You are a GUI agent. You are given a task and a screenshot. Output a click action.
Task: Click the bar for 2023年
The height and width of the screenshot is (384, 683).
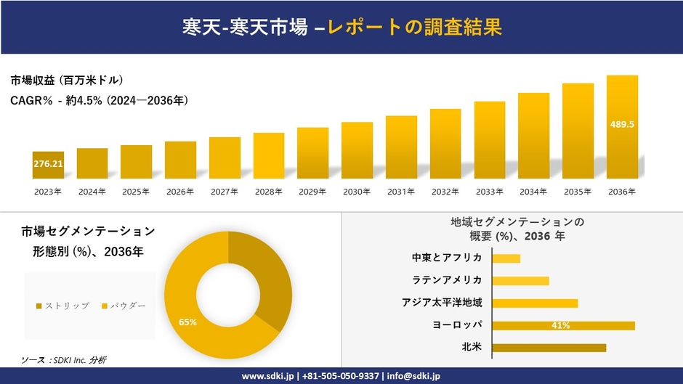pyautogui.click(x=48, y=165)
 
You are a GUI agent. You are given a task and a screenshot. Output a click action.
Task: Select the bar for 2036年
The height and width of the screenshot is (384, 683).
pyautogui.click(x=622, y=127)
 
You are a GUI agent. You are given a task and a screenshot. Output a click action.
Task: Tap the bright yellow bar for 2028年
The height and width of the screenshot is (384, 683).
pyautogui.click(x=269, y=155)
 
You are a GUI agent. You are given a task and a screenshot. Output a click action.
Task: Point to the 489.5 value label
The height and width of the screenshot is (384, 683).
pyautogui.click(x=622, y=124)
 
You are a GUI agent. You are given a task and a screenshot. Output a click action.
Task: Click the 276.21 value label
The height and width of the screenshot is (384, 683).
pyautogui.click(x=48, y=164)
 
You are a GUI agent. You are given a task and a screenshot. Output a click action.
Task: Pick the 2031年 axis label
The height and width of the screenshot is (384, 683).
pyautogui.click(x=401, y=192)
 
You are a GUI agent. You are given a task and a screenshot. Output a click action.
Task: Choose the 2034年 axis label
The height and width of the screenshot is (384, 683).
pyautogui.click(x=533, y=192)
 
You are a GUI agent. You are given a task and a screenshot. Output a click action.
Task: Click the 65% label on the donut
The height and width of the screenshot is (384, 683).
pyautogui.click(x=187, y=322)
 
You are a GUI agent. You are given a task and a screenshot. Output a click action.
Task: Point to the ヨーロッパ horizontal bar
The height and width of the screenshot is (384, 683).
pyautogui.click(x=563, y=325)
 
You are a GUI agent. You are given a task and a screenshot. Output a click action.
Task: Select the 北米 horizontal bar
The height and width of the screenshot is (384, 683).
pyautogui.click(x=549, y=348)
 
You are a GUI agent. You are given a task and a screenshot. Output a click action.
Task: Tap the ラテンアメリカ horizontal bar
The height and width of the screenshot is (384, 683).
pyautogui.click(x=520, y=280)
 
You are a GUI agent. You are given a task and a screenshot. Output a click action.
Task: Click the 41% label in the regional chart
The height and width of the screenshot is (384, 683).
pyautogui.click(x=560, y=325)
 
